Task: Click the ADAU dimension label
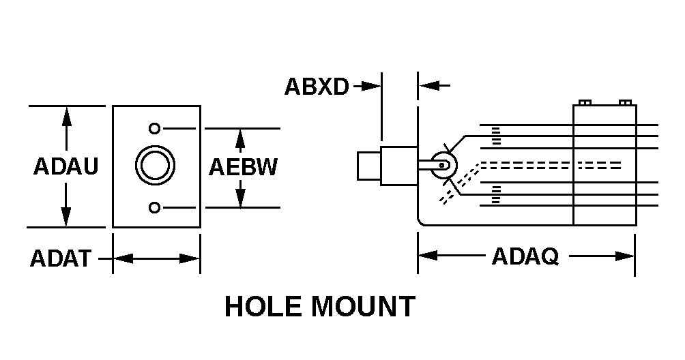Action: [65, 166]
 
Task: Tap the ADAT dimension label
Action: [60, 259]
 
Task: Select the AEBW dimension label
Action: [243, 167]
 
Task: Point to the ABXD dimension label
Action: [317, 87]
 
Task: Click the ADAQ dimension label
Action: [525, 256]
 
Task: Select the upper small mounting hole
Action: [155, 128]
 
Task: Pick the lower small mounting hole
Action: [155, 207]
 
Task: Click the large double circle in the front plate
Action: [155, 166]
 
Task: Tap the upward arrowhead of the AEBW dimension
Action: [239, 136]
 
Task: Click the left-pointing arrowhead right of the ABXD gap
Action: [426, 87]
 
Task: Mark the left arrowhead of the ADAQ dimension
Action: [427, 256]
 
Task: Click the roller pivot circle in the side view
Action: [442, 165]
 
